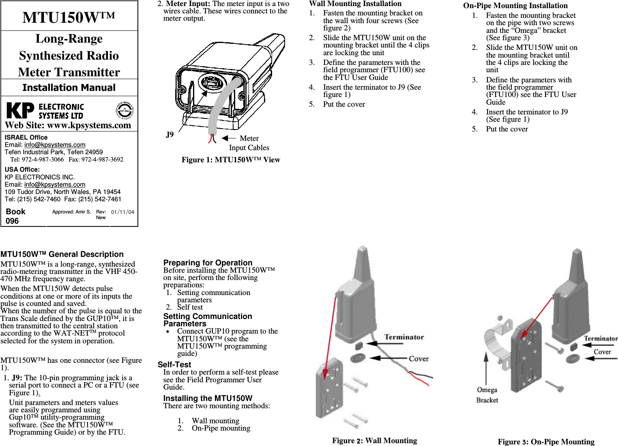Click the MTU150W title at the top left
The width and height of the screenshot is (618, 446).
click(69, 17)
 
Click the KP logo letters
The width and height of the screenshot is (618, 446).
click(21, 110)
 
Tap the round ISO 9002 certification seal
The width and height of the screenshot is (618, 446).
click(124, 110)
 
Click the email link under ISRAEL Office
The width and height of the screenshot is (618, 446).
click(55, 145)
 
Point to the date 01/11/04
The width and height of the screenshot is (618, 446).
click(122, 212)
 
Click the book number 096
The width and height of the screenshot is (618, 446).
click(12, 221)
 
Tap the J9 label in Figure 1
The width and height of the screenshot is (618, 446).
click(170, 135)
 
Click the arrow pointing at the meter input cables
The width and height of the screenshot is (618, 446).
click(229, 138)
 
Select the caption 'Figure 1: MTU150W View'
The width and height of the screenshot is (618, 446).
click(231, 160)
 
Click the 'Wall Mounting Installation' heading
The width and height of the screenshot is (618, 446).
click(355, 4)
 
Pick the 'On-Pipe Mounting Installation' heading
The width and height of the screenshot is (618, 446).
click(515, 6)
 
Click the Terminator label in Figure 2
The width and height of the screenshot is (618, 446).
click(404, 337)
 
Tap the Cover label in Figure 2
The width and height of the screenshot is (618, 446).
click(418, 359)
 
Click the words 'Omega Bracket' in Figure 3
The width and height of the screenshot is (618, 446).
click(487, 395)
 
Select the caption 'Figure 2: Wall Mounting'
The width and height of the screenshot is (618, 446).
click(374, 441)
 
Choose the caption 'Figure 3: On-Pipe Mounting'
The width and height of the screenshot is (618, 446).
click(546, 442)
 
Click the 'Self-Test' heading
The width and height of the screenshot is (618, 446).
click(174, 365)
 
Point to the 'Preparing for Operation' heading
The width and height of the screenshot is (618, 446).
click(208, 263)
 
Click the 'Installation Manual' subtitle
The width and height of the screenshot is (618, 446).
click(69, 88)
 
